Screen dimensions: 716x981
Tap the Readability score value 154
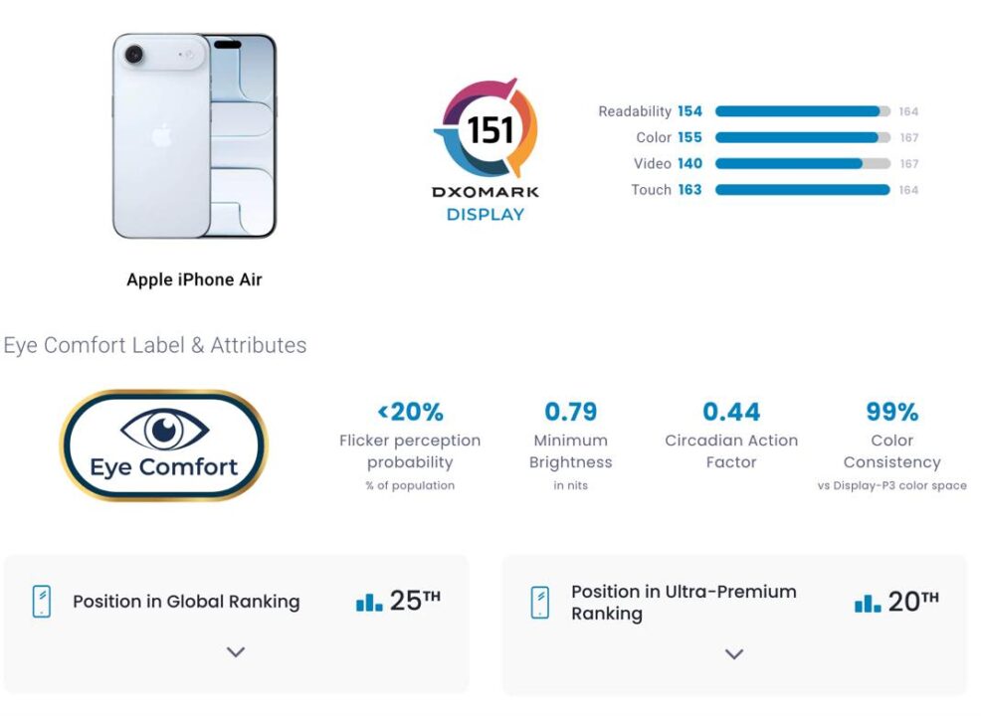point(689,111)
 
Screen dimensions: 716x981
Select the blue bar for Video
point(788,163)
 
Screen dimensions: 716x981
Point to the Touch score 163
point(689,190)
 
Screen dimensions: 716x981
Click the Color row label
point(654,137)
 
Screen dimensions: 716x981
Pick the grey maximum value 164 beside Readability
point(908,111)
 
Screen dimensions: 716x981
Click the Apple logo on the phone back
point(161,136)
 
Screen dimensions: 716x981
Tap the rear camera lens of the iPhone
point(132,55)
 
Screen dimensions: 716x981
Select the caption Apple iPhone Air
point(194,279)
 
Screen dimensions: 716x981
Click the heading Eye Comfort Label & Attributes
point(155,345)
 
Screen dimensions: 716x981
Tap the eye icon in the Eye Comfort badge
point(164,430)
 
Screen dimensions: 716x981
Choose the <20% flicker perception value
point(410,411)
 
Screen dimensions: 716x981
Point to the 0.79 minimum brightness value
point(570,411)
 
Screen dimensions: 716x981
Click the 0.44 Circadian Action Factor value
point(731,411)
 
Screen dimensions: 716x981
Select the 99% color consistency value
point(891,411)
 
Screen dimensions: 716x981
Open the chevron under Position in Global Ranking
point(236,652)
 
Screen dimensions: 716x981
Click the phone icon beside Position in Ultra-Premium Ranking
point(539,602)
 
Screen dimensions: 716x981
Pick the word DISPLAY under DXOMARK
point(485,214)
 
